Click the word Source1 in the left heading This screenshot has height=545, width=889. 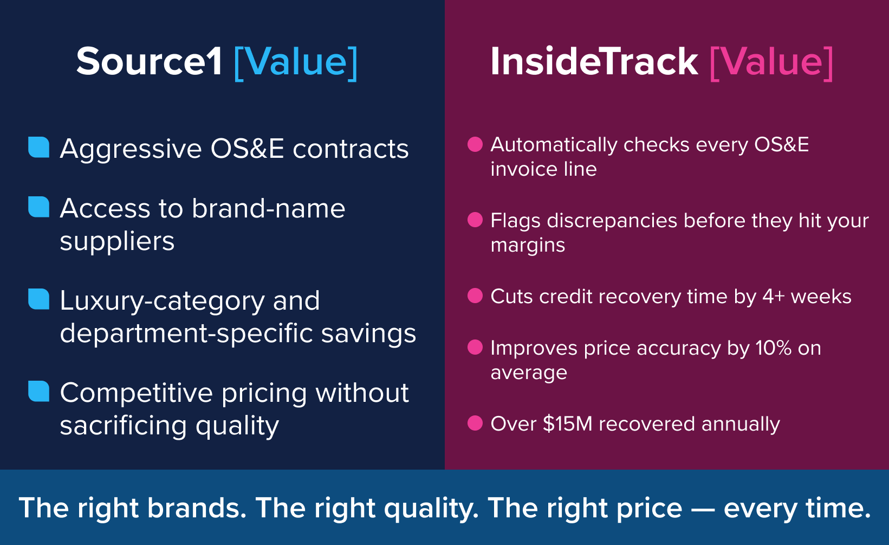[x=149, y=62]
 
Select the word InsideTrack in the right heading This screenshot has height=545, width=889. [x=594, y=62]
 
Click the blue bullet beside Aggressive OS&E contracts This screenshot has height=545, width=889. [x=39, y=147]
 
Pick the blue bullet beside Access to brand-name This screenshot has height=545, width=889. [x=39, y=207]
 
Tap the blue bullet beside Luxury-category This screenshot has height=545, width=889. [x=39, y=299]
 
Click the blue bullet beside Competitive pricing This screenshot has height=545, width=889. [x=39, y=391]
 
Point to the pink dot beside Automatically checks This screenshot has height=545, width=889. [x=475, y=144]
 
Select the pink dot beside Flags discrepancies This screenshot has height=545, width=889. [x=475, y=220]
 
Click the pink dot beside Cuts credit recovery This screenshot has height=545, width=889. [x=475, y=296]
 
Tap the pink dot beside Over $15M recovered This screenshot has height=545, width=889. [x=475, y=423]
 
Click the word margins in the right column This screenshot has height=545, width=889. [x=528, y=246]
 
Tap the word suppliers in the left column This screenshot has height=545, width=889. [x=117, y=241]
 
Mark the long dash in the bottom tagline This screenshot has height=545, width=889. [x=703, y=509]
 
